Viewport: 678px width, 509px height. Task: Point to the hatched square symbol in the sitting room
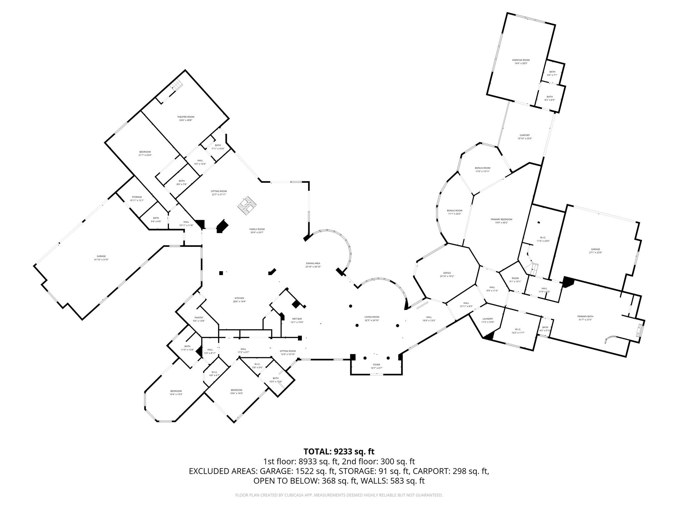tap(247, 205)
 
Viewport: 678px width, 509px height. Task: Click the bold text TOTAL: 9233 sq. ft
tap(339, 451)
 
